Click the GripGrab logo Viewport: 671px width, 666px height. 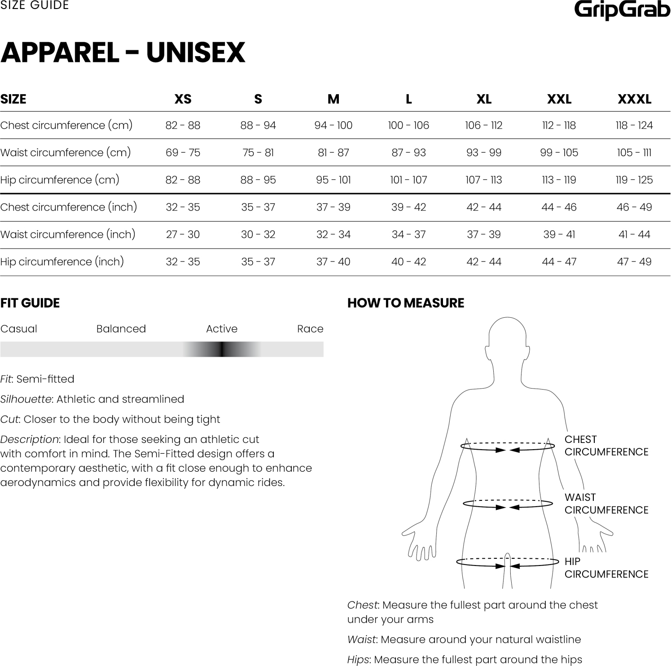pyautogui.click(x=622, y=10)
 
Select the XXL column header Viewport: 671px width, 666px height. pyautogui.click(x=559, y=99)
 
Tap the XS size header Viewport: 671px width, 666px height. pyautogui.click(x=183, y=99)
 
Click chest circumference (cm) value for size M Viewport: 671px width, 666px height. pyautogui.click(x=333, y=125)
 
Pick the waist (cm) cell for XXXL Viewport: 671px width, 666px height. pyautogui.click(x=634, y=153)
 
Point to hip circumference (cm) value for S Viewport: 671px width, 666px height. pyautogui.click(x=258, y=180)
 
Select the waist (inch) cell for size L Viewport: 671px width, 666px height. pyautogui.click(x=408, y=234)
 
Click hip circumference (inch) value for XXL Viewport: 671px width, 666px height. pyautogui.click(x=559, y=262)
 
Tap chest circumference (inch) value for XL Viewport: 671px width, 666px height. pyautogui.click(x=483, y=207)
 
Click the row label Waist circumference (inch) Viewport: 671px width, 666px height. pyautogui.click(x=68, y=234)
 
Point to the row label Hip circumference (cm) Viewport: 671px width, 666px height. pyautogui.click(x=60, y=180)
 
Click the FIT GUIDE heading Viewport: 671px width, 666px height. pyautogui.click(x=30, y=303)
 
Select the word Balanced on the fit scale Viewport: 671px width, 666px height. pyautogui.click(x=121, y=329)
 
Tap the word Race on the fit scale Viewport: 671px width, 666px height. pyautogui.click(x=310, y=329)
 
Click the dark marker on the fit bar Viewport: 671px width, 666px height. pyautogui.click(x=222, y=349)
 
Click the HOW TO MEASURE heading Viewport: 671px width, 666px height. pyautogui.click(x=406, y=303)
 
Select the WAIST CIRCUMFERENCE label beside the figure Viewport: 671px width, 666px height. pyautogui.click(x=606, y=504)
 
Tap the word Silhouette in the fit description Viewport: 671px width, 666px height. pyautogui.click(x=26, y=399)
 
